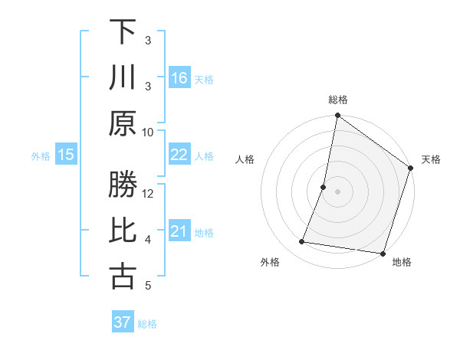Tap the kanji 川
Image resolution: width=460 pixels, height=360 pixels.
click(x=123, y=77)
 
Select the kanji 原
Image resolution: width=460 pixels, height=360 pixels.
click(x=123, y=123)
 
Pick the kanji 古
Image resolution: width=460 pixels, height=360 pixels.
click(x=123, y=277)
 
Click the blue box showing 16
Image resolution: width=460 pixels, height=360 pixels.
click(x=179, y=77)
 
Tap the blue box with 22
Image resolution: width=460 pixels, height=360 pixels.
click(x=179, y=155)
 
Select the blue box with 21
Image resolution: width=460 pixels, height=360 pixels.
click(x=179, y=231)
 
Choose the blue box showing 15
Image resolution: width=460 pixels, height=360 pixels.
click(x=66, y=155)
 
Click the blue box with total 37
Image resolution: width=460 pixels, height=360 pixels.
click(x=123, y=322)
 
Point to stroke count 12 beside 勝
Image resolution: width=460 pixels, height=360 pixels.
click(x=149, y=193)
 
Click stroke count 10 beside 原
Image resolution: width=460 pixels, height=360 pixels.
click(x=149, y=132)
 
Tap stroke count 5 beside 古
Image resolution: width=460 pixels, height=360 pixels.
click(x=149, y=286)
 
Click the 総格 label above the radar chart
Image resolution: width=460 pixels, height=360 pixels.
click(x=338, y=100)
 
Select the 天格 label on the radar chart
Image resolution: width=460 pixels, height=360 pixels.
click(x=431, y=159)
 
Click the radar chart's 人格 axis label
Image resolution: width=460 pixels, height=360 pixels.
click(x=245, y=159)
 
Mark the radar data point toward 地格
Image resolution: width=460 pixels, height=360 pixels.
click(x=382, y=253)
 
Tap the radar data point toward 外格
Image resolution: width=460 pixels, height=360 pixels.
click(x=302, y=242)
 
